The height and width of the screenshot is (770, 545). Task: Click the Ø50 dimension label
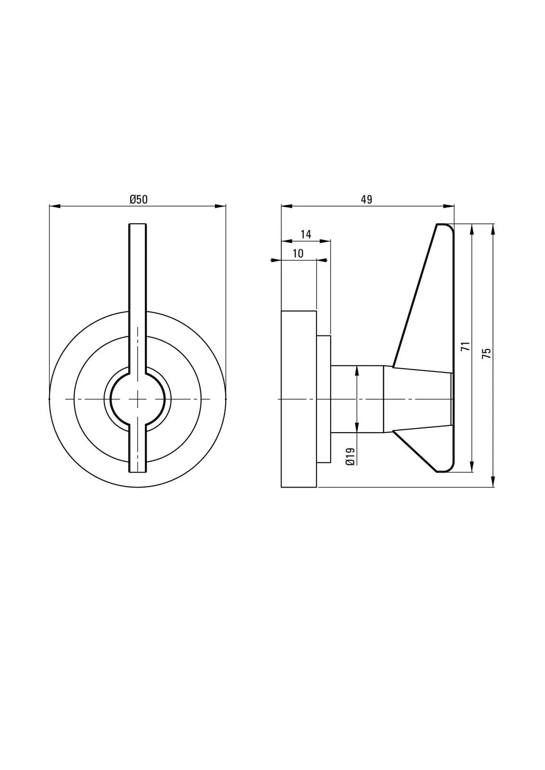pos(138,199)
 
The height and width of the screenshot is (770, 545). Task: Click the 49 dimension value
pos(366,199)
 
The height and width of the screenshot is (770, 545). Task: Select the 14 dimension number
pos(306,234)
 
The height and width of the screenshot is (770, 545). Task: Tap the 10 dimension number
pos(298,254)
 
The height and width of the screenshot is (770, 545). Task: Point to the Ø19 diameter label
pos(350,457)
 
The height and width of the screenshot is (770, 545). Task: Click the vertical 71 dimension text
pos(465,346)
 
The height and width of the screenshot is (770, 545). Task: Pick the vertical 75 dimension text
pos(486,354)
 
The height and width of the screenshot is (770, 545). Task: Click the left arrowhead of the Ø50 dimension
pos(55,206)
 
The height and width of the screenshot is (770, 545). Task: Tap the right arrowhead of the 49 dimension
pos(449,206)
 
